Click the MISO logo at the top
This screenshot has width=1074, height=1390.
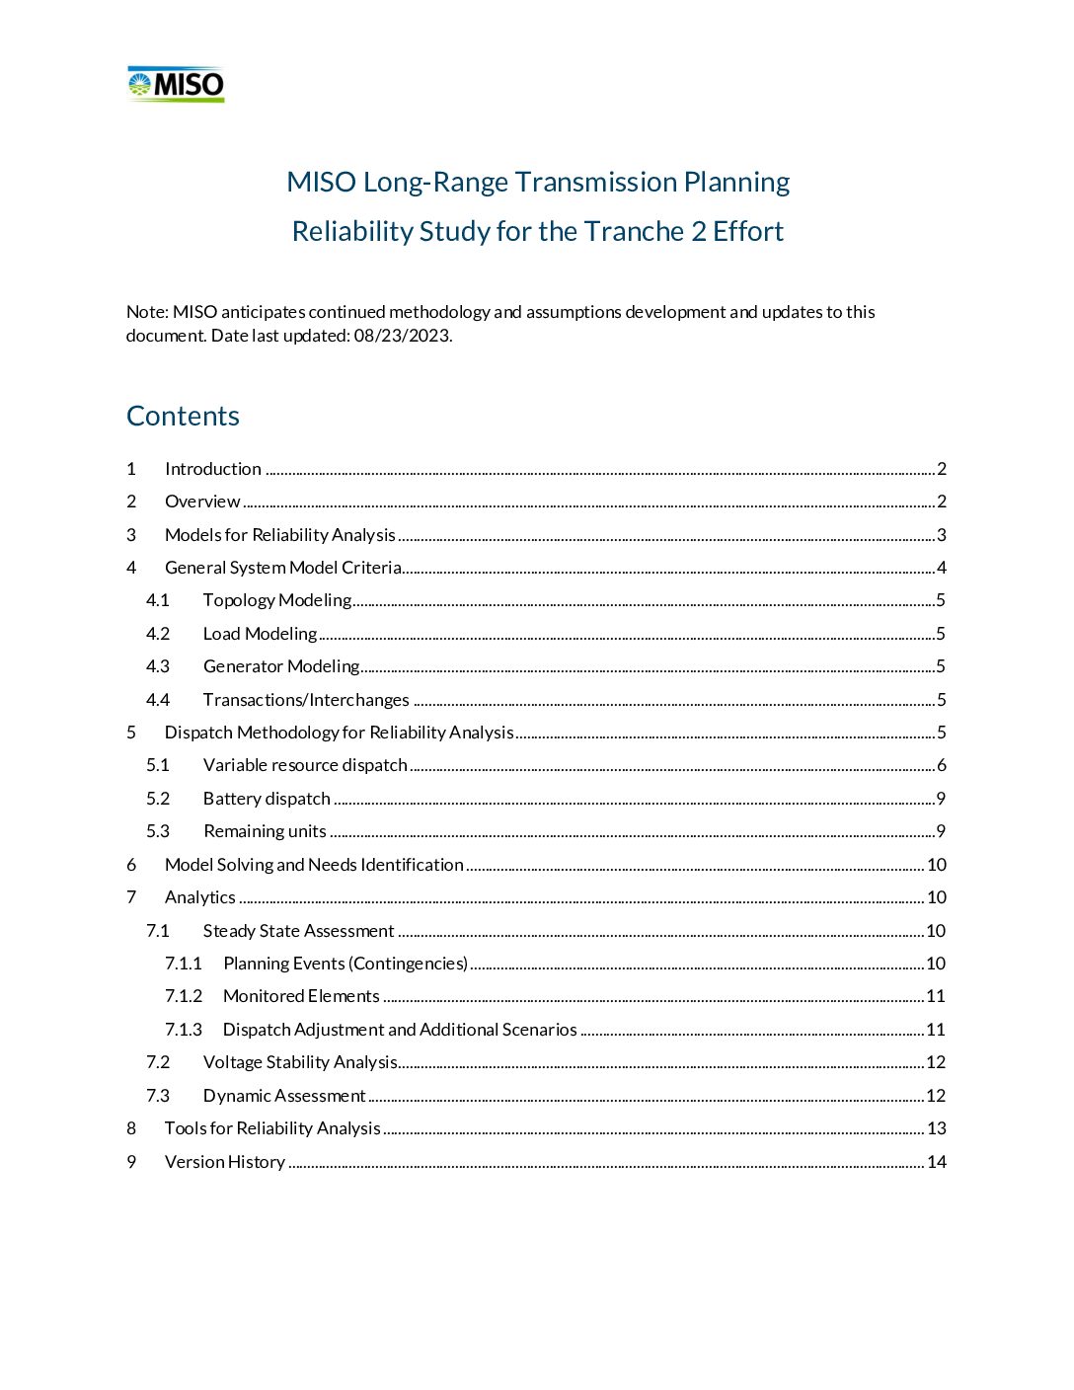(176, 85)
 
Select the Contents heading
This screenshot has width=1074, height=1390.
(183, 416)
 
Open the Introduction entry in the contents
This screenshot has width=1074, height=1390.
(212, 469)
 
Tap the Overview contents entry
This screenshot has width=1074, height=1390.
(202, 502)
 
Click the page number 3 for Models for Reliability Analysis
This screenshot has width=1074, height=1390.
(941, 535)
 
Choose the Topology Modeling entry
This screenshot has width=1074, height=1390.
(276, 600)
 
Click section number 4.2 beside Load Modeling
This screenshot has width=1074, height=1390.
(158, 634)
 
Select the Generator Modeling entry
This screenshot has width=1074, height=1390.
(280, 666)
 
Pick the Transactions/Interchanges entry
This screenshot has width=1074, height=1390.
(306, 700)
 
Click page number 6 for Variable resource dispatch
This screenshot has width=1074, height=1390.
(941, 765)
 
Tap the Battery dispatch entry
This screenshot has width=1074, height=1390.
(267, 799)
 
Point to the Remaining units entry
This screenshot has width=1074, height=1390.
(265, 831)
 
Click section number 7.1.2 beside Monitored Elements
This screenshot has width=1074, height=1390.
(184, 996)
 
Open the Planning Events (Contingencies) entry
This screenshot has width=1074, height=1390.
(345, 964)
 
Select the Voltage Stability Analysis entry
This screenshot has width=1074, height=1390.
(300, 1062)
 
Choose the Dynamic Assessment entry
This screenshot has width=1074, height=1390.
(284, 1096)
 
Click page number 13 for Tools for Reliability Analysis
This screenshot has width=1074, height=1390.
(936, 1128)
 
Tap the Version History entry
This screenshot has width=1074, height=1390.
(225, 1162)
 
